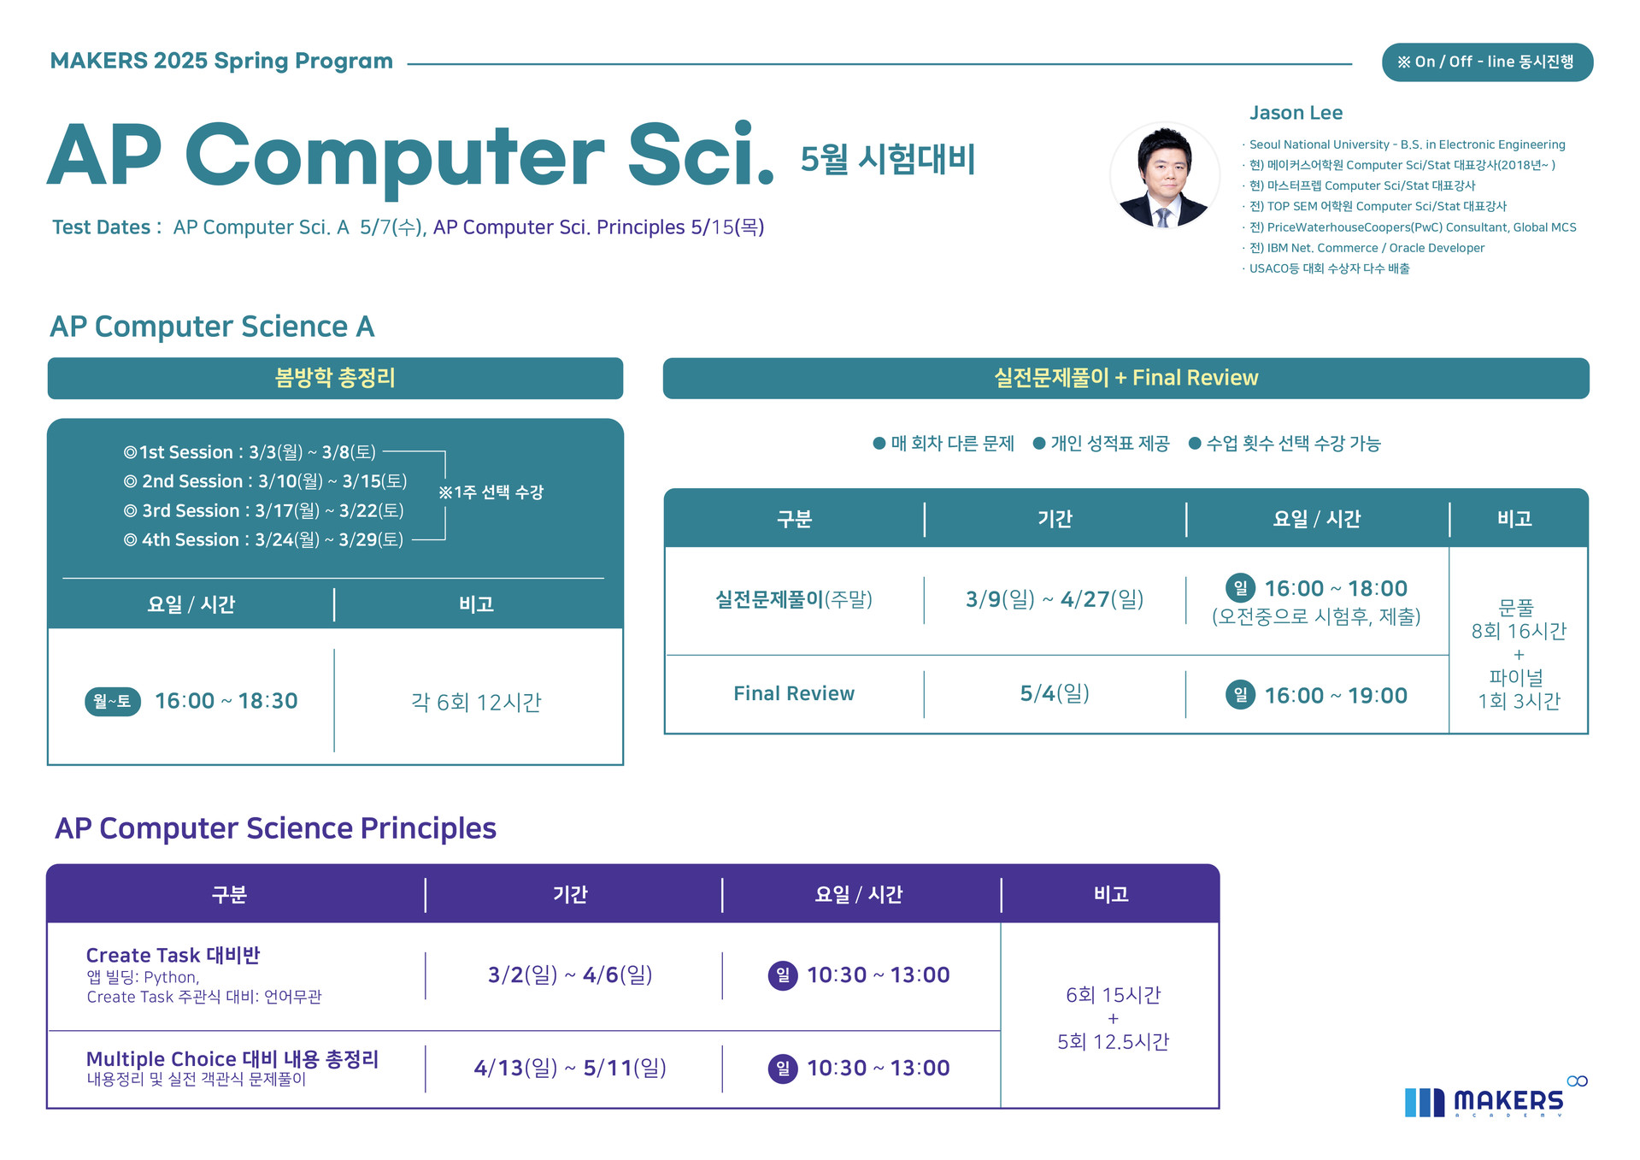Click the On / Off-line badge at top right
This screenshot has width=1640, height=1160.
point(1487,62)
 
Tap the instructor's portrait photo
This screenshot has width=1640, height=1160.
point(1164,176)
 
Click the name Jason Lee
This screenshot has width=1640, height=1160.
point(1296,113)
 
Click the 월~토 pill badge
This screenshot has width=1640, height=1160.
point(113,702)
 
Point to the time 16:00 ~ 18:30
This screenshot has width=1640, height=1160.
point(226,702)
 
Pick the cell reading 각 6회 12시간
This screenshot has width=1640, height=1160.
point(476,703)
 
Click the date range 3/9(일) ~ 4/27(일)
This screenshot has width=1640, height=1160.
point(1055,599)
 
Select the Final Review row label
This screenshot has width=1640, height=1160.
point(794,693)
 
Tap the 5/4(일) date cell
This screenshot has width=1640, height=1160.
point(1055,693)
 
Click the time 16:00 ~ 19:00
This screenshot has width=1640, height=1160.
point(1336,696)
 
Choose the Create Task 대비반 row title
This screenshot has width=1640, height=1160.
point(173,955)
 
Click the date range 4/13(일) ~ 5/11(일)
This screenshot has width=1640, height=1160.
point(570,1069)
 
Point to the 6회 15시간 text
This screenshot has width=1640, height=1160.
point(1113,995)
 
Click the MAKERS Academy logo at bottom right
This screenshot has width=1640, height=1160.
point(1496,1098)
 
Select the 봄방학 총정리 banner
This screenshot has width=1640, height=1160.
point(335,378)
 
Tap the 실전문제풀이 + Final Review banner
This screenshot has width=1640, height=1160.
point(1126,378)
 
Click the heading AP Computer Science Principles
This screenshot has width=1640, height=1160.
point(275,828)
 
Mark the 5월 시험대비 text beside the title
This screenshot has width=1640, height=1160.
point(888,159)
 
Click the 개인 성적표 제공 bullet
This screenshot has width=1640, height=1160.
point(1101,444)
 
